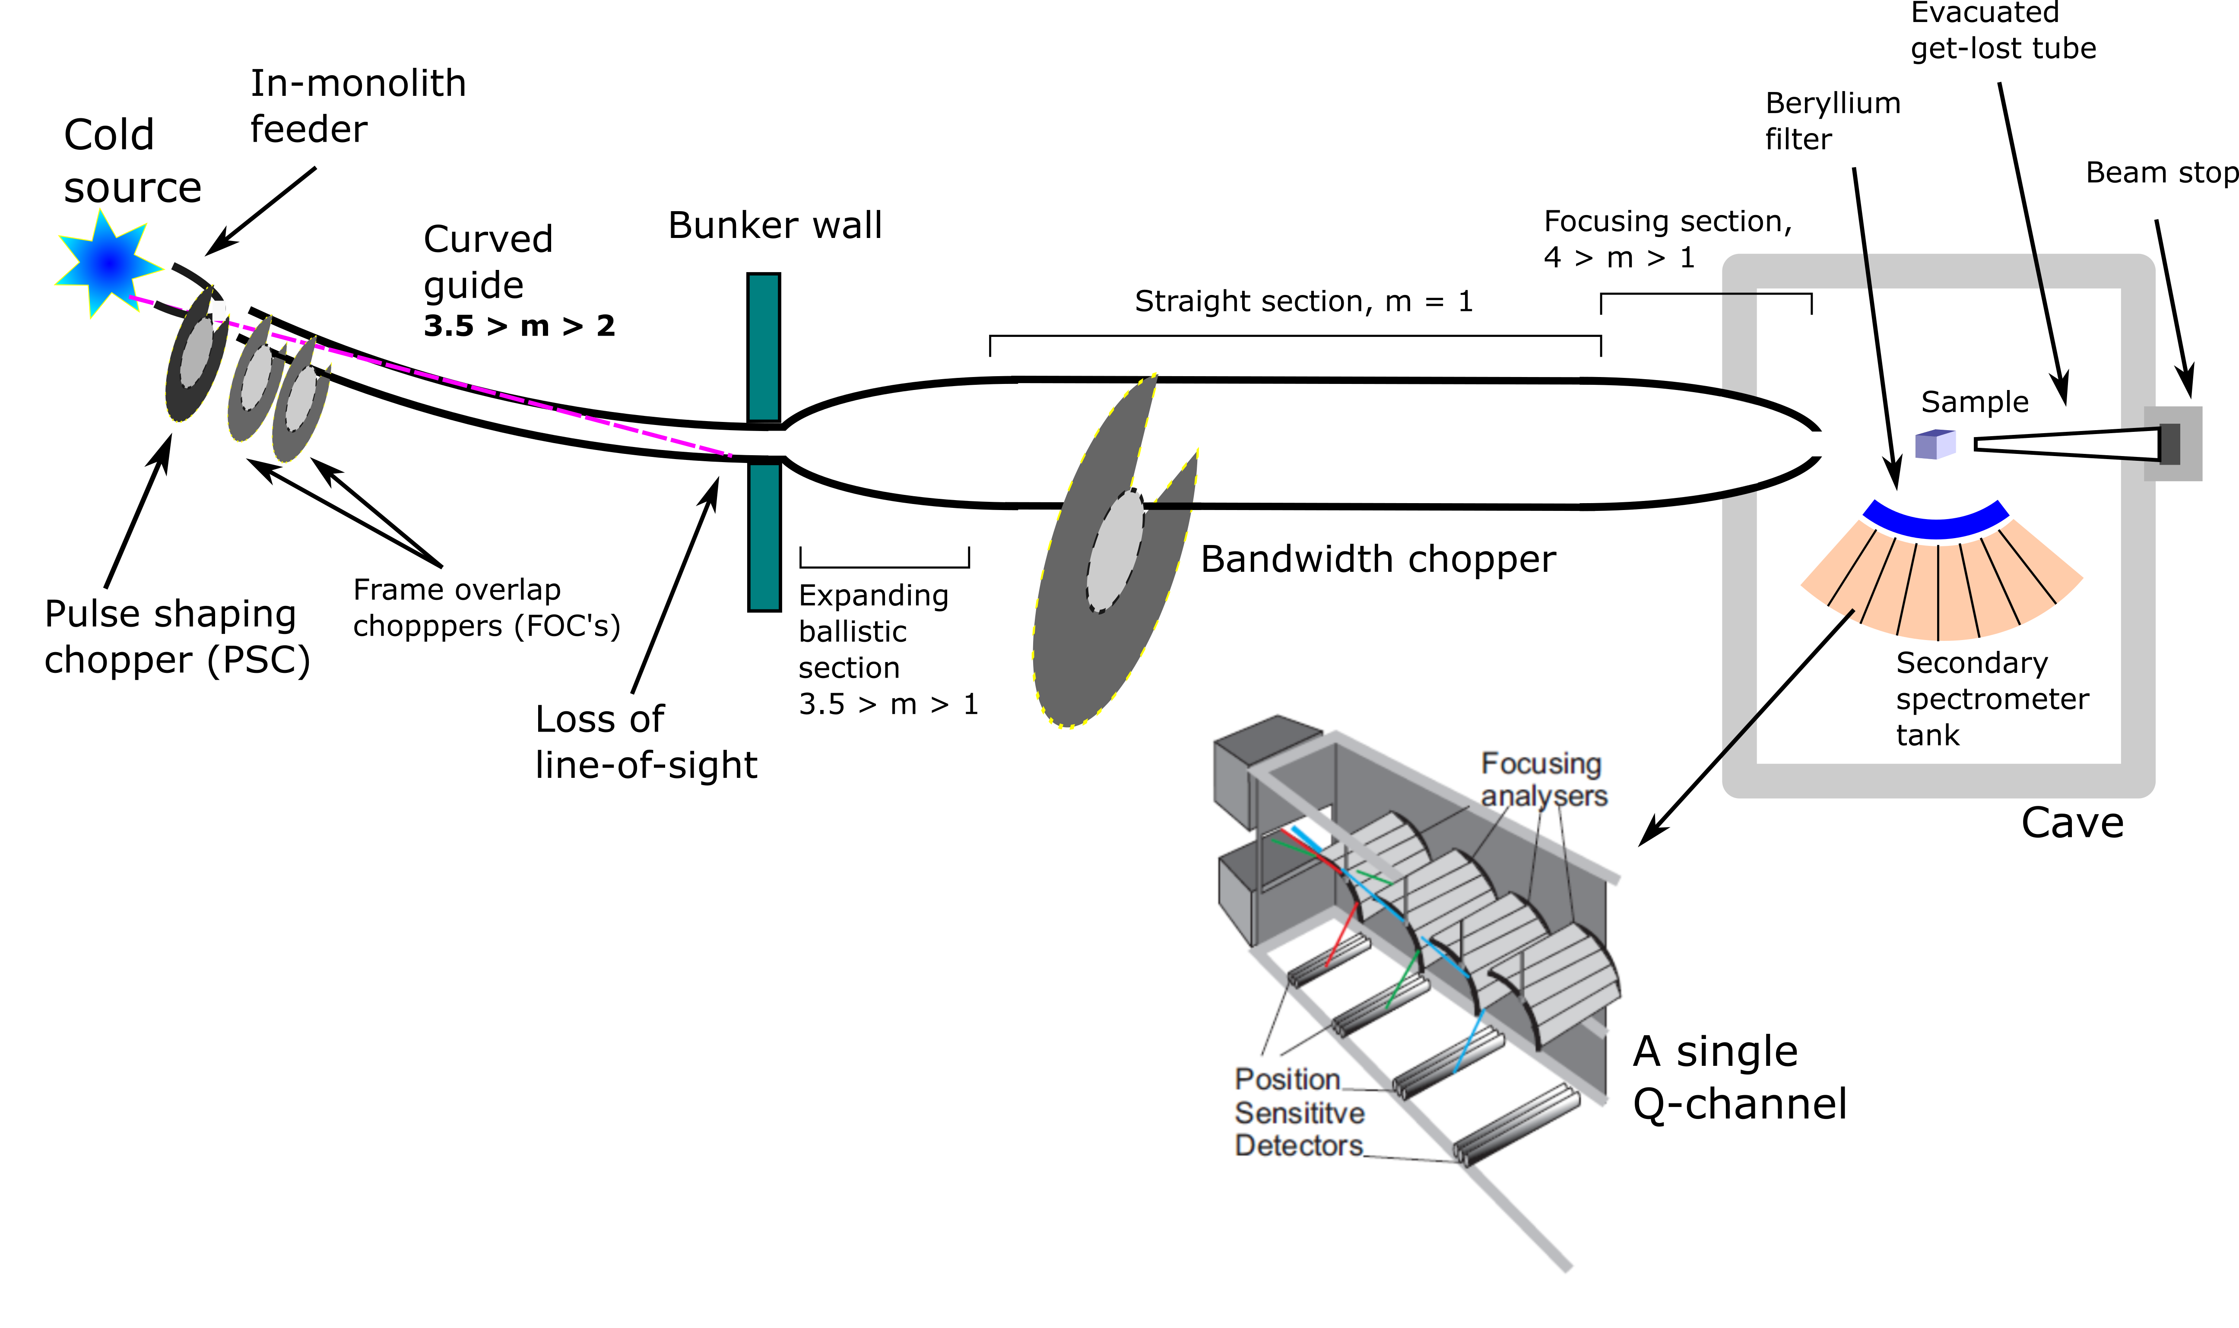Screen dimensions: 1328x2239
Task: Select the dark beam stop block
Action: point(2169,444)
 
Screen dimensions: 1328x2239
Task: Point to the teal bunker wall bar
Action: point(763,537)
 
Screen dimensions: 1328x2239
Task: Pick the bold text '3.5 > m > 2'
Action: point(519,326)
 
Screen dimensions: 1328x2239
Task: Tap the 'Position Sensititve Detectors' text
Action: point(1299,1112)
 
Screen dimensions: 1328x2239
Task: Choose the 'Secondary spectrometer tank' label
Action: point(1991,698)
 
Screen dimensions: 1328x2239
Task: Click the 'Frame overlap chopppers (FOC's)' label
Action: point(486,608)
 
